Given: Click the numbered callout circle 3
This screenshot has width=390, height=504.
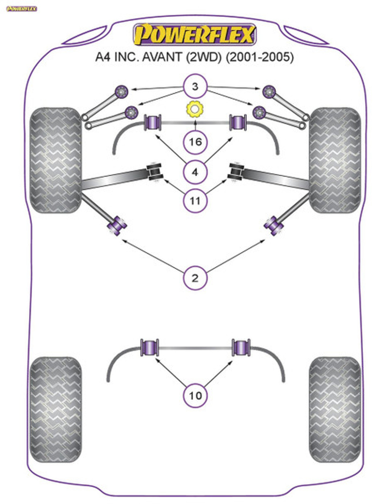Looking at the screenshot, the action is (195, 86).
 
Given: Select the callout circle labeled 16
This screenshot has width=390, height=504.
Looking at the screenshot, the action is (195, 142).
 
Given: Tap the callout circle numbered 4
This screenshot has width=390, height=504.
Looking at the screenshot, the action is (195, 172).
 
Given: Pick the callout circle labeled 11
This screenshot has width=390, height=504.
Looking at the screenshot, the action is (195, 201).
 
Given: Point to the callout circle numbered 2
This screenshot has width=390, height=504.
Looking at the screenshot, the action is (195, 278).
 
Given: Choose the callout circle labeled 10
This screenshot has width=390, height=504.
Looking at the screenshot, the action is (195, 396).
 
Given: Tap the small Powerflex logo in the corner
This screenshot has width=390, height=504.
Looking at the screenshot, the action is (21, 9).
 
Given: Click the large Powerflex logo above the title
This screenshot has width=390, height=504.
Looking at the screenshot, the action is (195, 34).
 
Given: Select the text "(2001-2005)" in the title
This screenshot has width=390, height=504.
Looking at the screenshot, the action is (260, 57).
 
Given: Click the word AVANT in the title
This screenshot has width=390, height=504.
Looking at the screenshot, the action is (162, 57).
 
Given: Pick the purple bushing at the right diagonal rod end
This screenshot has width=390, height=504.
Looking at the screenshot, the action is (273, 226).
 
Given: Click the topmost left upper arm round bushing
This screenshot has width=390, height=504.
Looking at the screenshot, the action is (122, 92).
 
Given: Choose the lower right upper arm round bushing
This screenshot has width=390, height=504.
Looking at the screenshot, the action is (259, 112).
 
